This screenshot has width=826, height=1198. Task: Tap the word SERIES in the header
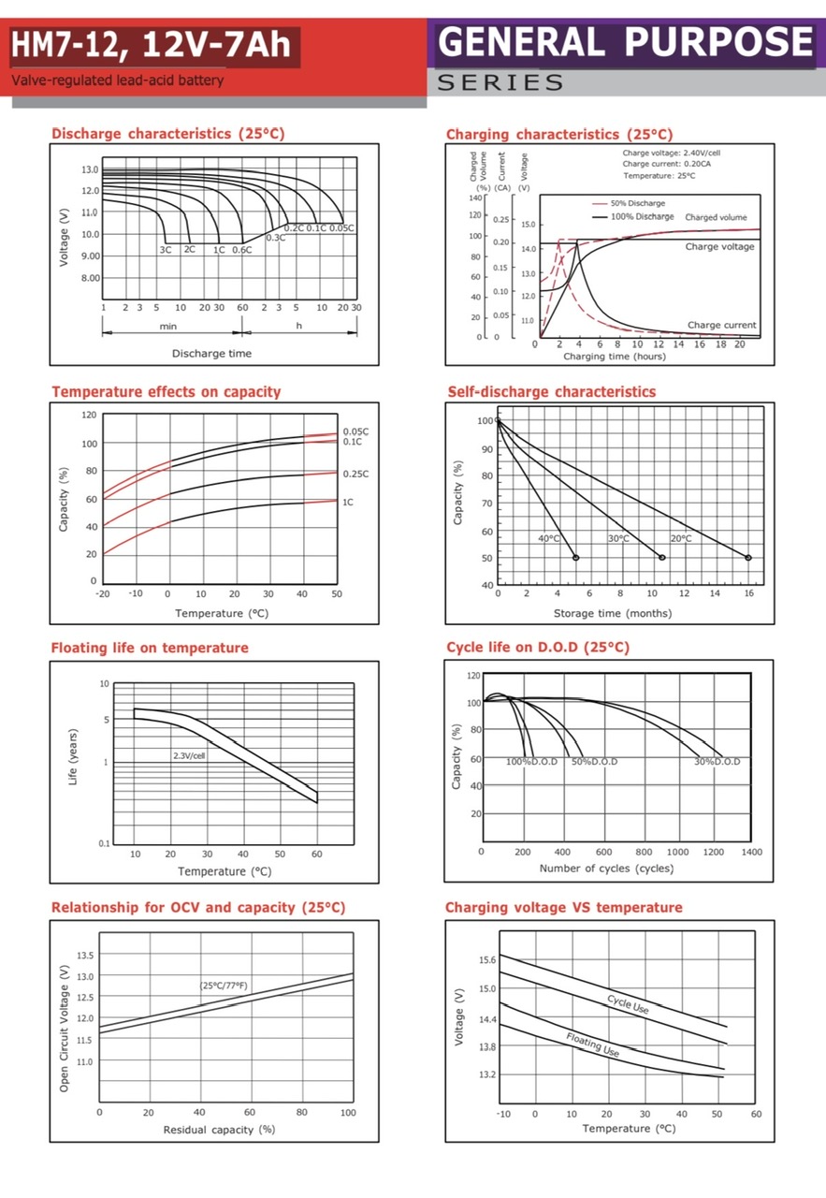tap(500, 82)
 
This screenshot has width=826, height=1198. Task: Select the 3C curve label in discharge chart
tap(166, 250)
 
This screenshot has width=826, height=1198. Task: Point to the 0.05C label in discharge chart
tap(342, 228)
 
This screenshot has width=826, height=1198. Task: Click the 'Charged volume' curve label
tap(716, 217)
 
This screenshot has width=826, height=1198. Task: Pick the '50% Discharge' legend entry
tap(638, 203)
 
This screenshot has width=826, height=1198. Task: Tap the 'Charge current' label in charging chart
tap(721, 326)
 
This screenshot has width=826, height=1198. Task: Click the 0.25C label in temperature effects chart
tap(355, 474)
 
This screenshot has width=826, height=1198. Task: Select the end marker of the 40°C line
tap(575, 558)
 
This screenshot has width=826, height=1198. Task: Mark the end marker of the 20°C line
tap(748, 558)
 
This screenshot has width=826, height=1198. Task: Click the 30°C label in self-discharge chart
tap(618, 538)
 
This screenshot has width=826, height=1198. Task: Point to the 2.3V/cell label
tap(189, 754)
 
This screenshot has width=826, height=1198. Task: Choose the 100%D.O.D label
tap(531, 762)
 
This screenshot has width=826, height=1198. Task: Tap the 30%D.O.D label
tap(717, 762)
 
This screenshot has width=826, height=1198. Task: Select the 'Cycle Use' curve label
tap(628, 1004)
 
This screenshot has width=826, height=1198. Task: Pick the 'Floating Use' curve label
tap(593, 1045)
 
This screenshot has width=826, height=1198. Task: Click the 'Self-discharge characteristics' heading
tap(552, 391)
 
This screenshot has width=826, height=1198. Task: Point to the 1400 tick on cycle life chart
tap(751, 852)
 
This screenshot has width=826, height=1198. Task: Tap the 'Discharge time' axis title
tap(211, 353)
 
